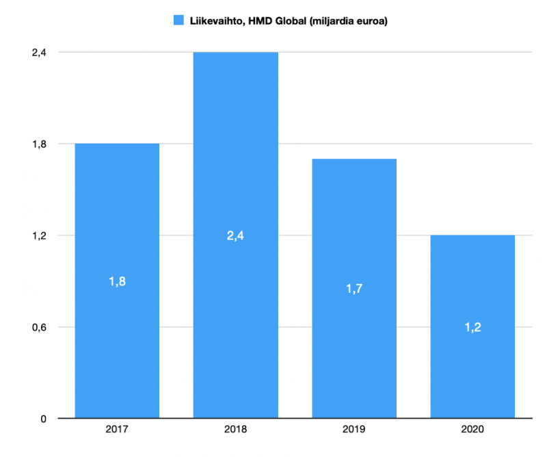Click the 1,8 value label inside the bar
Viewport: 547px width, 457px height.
pyautogui.click(x=117, y=281)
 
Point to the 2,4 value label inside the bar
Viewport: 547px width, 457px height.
pyautogui.click(x=235, y=236)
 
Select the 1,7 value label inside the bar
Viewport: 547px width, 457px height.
pyautogui.click(x=354, y=289)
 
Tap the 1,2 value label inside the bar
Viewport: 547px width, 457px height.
pyautogui.click(x=472, y=327)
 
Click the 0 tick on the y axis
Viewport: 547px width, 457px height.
pyautogui.click(x=42, y=418)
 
